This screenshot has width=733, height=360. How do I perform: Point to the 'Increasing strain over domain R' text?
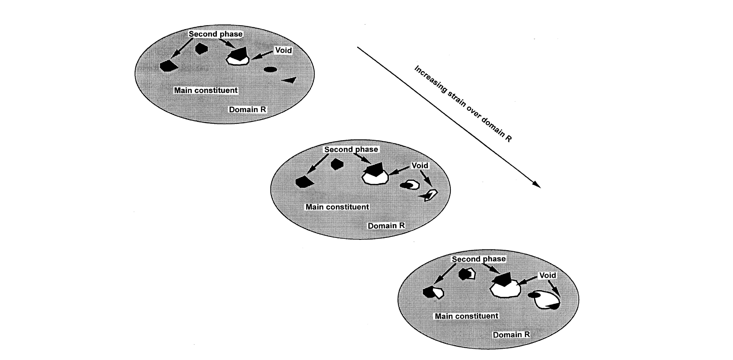(x=462, y=104)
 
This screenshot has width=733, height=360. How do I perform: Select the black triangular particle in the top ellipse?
(x=290, y=80)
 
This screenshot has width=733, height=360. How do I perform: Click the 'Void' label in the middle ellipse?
(x=420, y=166)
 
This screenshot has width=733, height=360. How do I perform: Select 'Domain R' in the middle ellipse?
(x=386, y=226)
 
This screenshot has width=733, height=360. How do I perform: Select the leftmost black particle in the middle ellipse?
(x=304, y=182)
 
